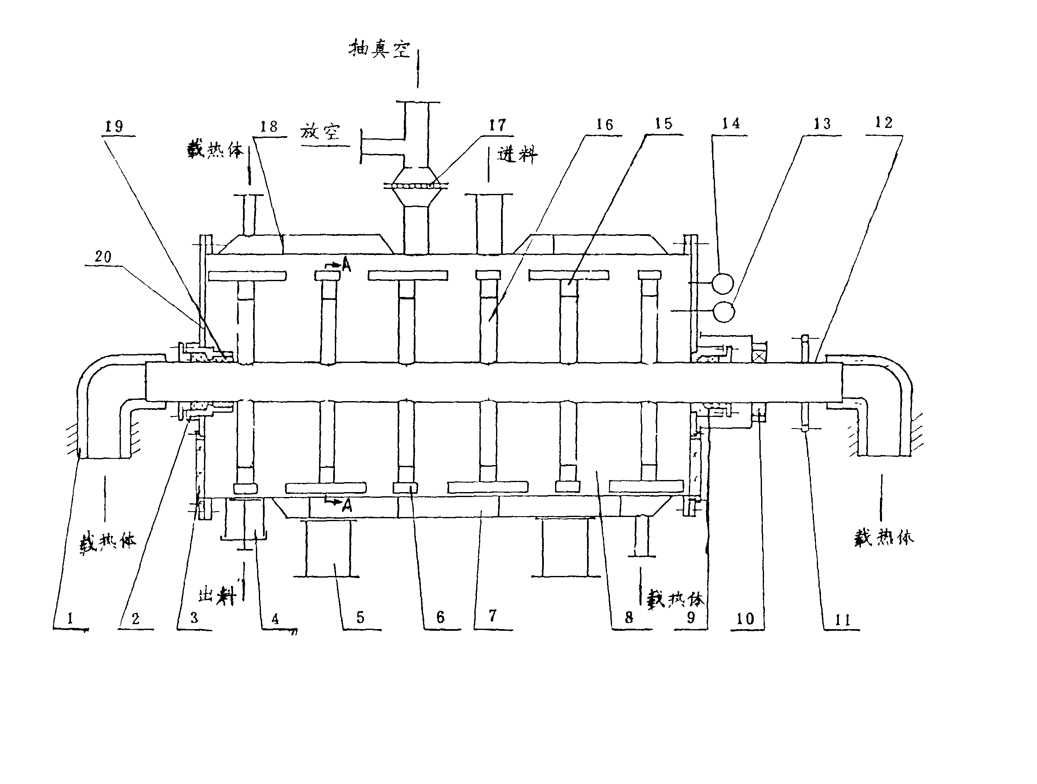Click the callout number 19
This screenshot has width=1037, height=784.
pyautogui.click(x=114, y=126)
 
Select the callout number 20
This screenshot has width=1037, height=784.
pyautogui.click(x=103, y=256)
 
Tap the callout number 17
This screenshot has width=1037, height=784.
pyautogui.click(x=497, y=125)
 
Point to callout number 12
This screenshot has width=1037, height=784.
pyautogui.click(x=884, y=123)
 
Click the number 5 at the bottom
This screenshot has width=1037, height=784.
pyautogui.click(x=360, y=617)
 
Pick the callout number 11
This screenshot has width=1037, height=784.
pyautogui.click(x=843, y=620)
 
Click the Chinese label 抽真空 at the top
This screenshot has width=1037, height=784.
pyautogui.click(x=379, y=49)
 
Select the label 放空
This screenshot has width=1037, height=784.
pyautogui.click(x=320, y=132)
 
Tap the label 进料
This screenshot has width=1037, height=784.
pyautogui.click(x=517, y=154)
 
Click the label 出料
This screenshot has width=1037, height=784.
pyautogui.click(x=216, y=597)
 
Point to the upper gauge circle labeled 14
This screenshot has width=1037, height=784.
pyautogui.click(x=722, y=283)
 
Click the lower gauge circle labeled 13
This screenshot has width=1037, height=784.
pyautogui.click(x=724, y=311)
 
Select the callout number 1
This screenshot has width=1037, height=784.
pyautogui.click(x=70, y=619)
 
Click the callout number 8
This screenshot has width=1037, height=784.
pyautogui.click(x=629, y=617)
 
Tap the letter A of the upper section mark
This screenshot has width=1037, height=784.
pyautogui.click(x=346, y=266)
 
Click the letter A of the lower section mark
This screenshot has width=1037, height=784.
pyautogui.click(x=347, y=505)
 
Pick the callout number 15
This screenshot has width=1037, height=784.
pyautogui.click(x=663, y=124)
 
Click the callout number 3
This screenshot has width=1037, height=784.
pyautogui.click(x=194, y=617)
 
